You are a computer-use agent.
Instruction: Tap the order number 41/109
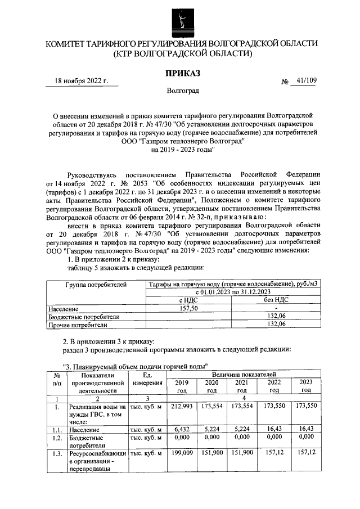click(x=306, y=81)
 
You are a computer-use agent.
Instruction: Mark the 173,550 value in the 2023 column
click(x=307, y=406)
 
